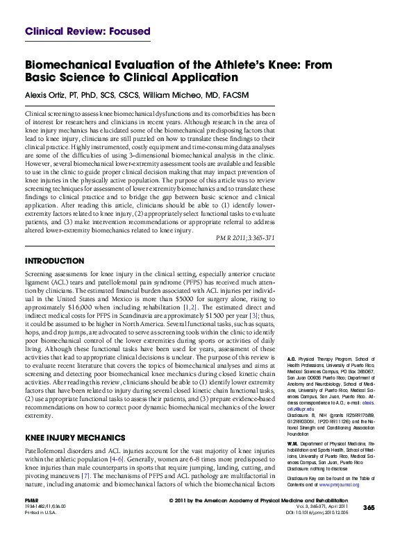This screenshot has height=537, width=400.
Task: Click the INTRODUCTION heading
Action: (56, 262)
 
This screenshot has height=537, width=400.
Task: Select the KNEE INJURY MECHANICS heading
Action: (75, 438)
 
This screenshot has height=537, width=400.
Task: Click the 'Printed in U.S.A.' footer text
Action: (40, 513)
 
